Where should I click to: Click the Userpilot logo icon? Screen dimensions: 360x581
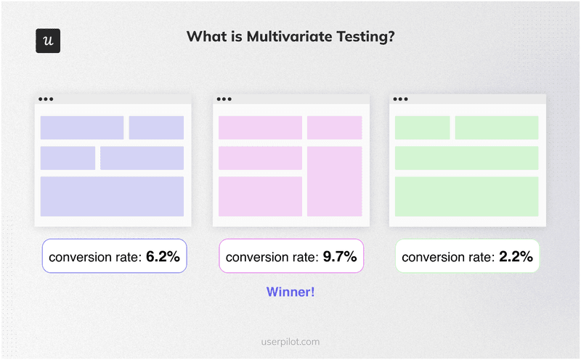(x=48, y=41)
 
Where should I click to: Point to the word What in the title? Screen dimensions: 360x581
(x=205, y=37)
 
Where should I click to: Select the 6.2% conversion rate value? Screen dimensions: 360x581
(x=163, y=257)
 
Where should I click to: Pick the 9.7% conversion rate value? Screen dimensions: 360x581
(x=340, y=257)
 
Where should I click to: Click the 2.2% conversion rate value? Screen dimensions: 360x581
(x=516, y=257)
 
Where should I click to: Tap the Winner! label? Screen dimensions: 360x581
(x=290, y=292)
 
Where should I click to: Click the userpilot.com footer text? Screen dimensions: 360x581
(x=290, y=341)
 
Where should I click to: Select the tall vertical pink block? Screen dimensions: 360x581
(x=334, y=181)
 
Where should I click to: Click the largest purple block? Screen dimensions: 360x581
(x=112, y=196)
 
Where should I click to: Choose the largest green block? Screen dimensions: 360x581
(x=466, y=196)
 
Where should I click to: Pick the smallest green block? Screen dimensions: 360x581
(x=422, y=128)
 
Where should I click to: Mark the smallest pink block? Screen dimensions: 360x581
(x=334, y=128)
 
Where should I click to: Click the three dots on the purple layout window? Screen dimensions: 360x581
(x=46, y=99)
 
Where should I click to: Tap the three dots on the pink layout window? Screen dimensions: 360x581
(x=224, y=99)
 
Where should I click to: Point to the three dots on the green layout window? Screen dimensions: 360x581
(x=400, y=99)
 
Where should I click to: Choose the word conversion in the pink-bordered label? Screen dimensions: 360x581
(x=258, y=257)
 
